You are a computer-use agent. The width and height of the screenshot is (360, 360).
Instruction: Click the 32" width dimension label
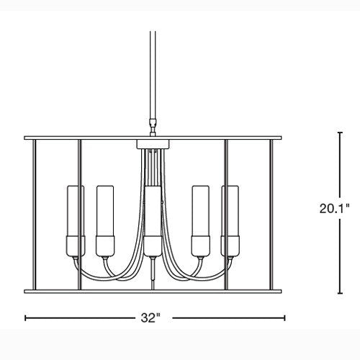click(150, 318)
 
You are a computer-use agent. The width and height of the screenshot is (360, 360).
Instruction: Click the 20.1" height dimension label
click(334, 208)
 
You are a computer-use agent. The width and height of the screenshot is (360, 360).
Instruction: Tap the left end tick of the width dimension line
click(25, 318)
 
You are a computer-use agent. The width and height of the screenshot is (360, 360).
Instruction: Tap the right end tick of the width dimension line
click(284, 318)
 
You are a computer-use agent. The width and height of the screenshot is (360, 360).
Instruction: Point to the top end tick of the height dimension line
click(340, 132)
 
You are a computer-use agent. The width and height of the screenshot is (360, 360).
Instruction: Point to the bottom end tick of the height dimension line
click(340, 293)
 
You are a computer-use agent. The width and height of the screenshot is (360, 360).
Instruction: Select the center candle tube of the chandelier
click(153, 211)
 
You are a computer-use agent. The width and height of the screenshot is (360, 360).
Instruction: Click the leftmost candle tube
click(76, 211)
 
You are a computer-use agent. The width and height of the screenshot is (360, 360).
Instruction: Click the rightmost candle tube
click(230, 211)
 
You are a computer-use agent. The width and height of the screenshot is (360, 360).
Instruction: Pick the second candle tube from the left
click(105, 211)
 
